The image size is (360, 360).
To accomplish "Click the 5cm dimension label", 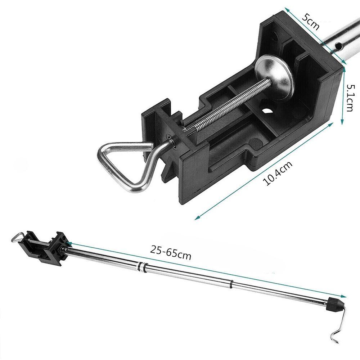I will pyautogui.click(x=310, y=22).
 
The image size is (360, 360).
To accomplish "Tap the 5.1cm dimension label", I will pyautogui.click(x=350, y=98).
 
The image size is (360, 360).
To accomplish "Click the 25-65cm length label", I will pyautogui.click(x=171, y=253).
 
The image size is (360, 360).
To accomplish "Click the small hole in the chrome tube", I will pyautogui.click(x=338, y=46).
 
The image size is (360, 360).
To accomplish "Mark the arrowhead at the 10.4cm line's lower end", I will pyautogui.click(x=197, y=218).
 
